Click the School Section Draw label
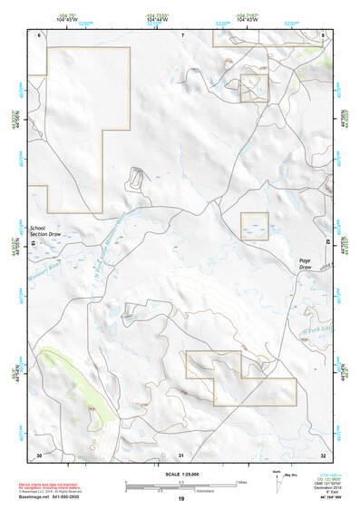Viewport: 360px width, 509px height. (x=44, y=232)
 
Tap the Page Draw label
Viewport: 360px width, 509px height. (x=305, y=264)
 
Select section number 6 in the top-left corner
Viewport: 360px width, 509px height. (x=40, y=34)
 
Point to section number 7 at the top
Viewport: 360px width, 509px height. (x=181, y=34)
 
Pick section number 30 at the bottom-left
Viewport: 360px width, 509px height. (x=39, y=455)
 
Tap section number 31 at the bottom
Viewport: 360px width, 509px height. (x=181, y=455)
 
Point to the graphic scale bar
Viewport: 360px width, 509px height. (x=180, y=484)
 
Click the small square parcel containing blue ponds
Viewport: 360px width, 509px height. (x=254, y=226)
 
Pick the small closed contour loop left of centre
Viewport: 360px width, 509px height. (x=137, y=179)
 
